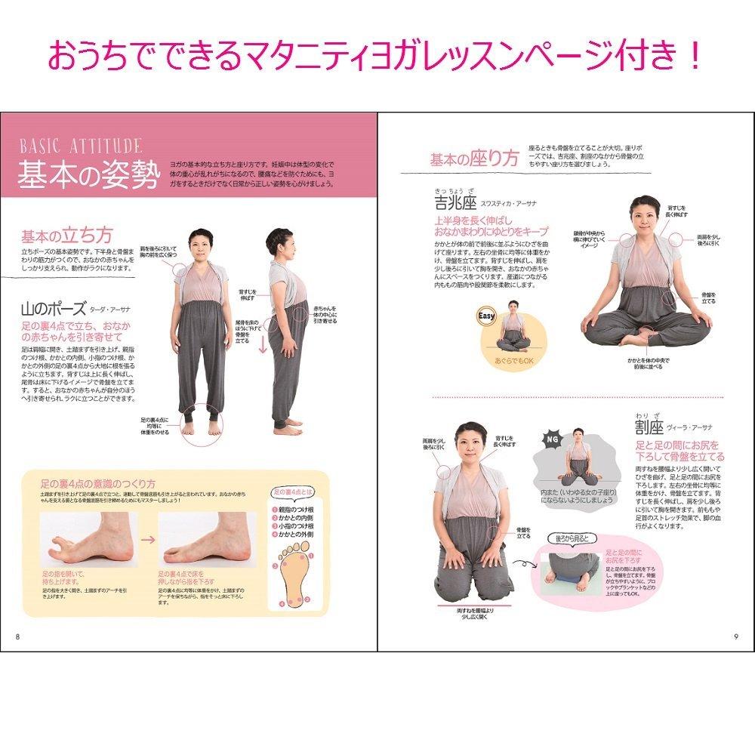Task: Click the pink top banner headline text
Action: (376, 56)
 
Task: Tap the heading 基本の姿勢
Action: (89, 176)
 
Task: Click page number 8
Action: (17, 635)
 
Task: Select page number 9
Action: (735, 635)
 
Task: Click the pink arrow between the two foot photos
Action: (149, 541)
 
